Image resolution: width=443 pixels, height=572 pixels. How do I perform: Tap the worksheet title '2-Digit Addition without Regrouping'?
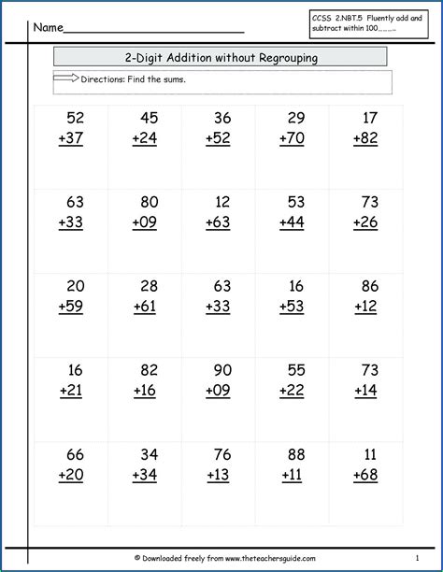point(221,58)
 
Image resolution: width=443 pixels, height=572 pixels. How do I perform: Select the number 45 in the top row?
point(148,118)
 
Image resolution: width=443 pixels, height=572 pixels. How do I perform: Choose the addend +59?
point(70,306)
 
